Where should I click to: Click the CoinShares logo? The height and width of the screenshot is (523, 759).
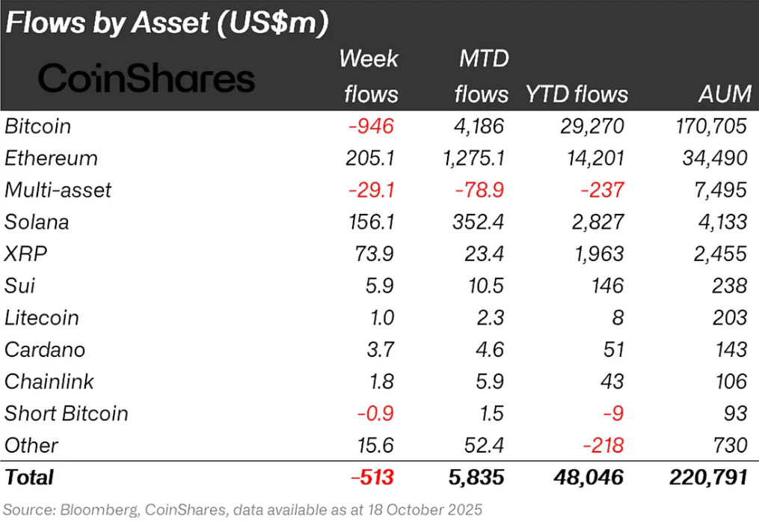pos(147,79)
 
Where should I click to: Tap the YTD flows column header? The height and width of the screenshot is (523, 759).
pos(577,94)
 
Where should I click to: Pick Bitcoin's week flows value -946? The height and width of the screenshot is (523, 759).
pos(371,126)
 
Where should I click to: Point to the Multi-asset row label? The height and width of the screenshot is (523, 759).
pos(58,190)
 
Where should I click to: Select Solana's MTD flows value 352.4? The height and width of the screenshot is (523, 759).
pos(481,222)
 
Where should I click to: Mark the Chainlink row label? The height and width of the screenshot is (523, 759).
pos(49,382)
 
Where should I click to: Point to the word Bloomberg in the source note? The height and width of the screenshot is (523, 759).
pos(93,509)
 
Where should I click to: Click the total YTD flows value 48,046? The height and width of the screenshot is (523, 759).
pos(589,477)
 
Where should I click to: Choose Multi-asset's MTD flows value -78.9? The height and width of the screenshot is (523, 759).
pos(480,190)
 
